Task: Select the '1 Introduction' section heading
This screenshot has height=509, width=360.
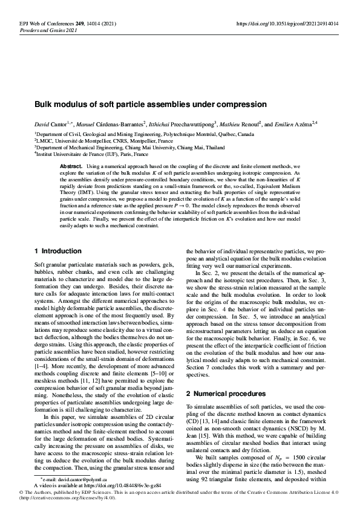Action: coord(58,268)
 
